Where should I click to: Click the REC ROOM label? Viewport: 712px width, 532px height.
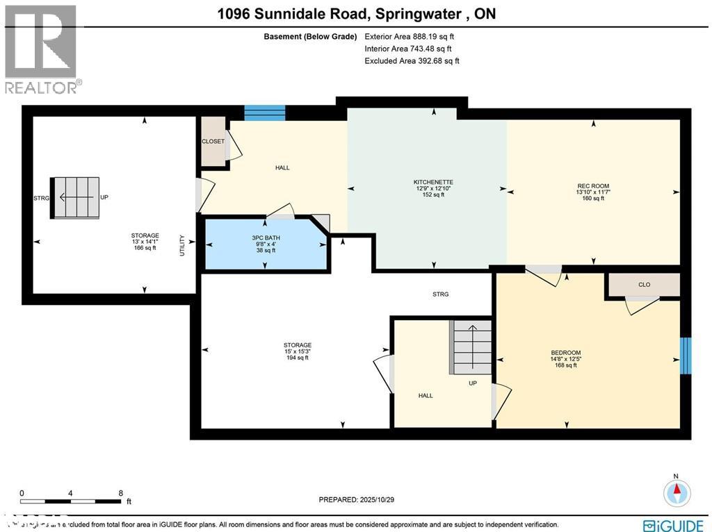click(593, 186)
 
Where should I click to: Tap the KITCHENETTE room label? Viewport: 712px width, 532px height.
click(433, 183)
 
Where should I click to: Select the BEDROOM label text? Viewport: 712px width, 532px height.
click(565, 353)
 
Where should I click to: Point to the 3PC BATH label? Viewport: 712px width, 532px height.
click(265, 238)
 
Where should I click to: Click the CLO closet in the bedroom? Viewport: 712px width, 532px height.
click(644, 284)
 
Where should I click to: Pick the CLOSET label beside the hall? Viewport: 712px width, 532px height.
click(213, 142)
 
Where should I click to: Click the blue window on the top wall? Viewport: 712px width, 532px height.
click(265, 113)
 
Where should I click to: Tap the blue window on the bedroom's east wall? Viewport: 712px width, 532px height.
click(685, 356)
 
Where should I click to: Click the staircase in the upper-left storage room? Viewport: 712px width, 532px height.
click(74, 197)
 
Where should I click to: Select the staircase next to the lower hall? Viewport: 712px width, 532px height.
click(472, 346)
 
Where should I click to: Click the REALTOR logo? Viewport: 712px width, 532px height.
click(42, 49)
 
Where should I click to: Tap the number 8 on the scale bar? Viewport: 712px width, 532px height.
click(120, 492)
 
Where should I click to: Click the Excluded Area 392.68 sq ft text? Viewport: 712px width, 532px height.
click(412, 61)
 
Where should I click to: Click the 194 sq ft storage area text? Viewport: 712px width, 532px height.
click(297, 358)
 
